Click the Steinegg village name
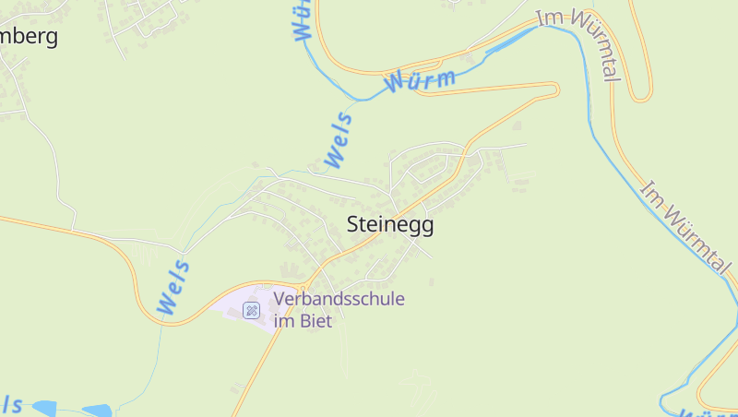click(x=389, y=224)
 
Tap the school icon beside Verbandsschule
click(x=251, y=310)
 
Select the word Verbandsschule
click(x=339, y=299)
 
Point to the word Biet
click(x=315, y=321)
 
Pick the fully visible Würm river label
click(x=421, y=81)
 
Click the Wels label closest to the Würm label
click(x=339, y=139)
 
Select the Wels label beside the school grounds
click(x=174, y=288)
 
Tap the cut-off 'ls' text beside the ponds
click(x=11, y=404)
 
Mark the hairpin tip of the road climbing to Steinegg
click(x=556, y=89)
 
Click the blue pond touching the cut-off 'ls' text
click(x=43, y=407)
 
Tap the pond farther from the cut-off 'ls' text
click(x=96, y=410)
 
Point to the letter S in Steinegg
click(x=353, y=224)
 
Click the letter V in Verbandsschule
click(x=280, y=299)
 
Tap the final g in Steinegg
click(x=426, y=227)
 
